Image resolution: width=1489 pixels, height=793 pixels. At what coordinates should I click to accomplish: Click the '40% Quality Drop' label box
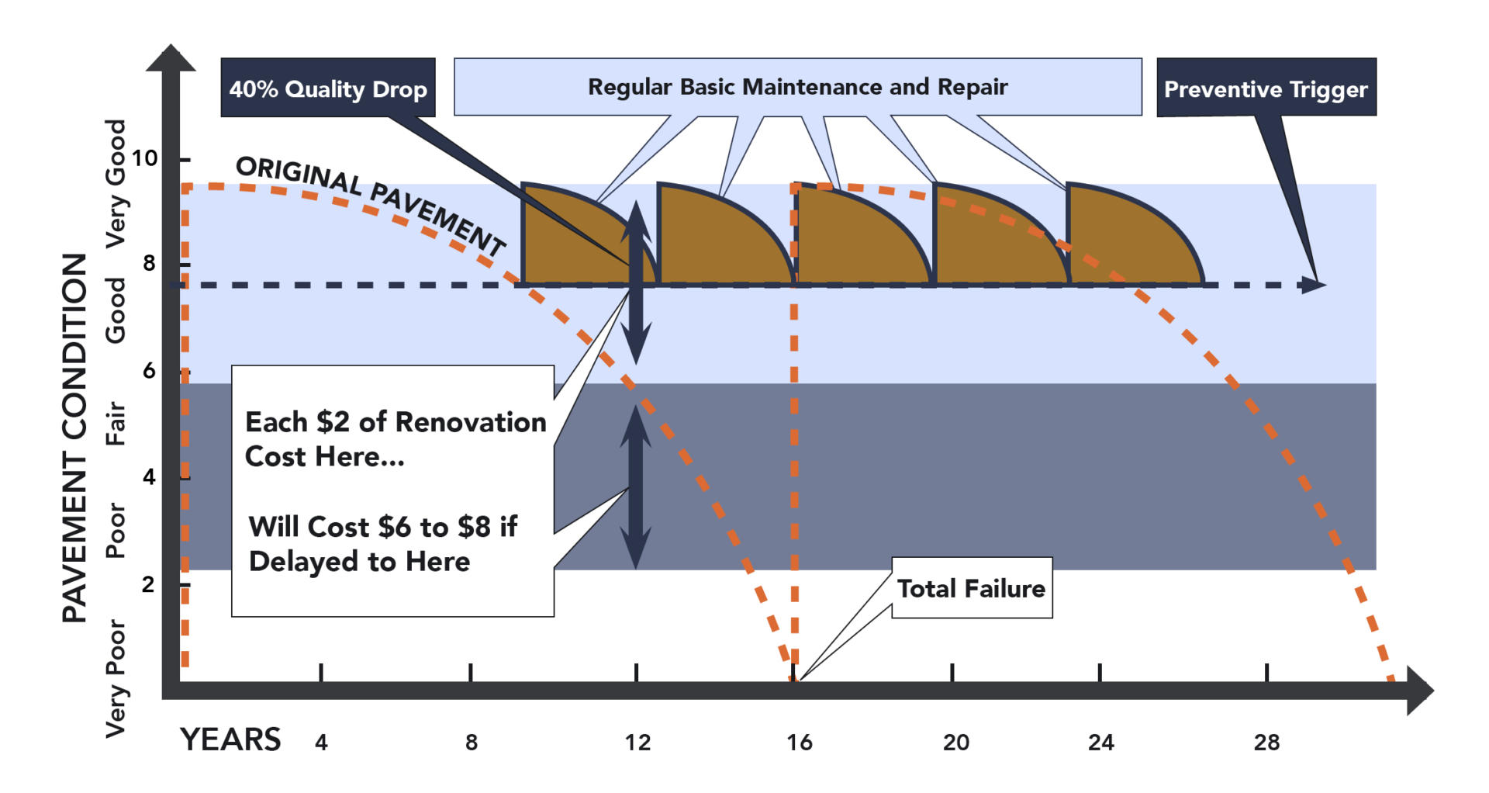click(x=327, y=88)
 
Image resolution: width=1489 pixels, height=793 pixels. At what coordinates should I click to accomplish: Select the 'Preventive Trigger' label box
click(x=1266, y=88)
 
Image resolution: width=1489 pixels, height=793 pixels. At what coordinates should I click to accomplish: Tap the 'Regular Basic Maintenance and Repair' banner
click(x=797, y=87)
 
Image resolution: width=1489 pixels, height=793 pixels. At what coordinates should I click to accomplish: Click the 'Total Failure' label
click(x=971, y=588)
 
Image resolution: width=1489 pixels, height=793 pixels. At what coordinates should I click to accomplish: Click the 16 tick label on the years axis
click(x=799, y=743)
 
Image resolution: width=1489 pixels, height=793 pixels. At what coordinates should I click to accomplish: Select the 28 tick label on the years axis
click(x=1266, y=743)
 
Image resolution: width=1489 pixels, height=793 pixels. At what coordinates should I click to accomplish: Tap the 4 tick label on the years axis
click(x=321, y=743)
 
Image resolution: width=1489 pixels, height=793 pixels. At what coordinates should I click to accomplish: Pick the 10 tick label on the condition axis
click(x=144, y=158)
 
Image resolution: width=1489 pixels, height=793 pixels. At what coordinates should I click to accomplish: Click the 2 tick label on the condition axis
click(x=148, y=584)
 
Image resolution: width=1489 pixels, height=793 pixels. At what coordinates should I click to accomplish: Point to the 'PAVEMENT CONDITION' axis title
click(x=75, y=438)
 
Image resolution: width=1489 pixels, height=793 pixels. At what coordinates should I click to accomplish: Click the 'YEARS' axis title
click(x=230, y=739)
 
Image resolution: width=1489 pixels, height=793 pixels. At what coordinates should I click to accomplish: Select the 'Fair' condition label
click(x=116, y=423)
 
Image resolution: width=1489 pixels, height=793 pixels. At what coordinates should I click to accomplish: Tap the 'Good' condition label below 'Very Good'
click(x=116, y=310)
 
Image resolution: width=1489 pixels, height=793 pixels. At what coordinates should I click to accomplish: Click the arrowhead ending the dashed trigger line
click(x=1313, y=285)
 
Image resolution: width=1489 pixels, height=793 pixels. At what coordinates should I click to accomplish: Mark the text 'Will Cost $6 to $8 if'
click(x=383, y=527)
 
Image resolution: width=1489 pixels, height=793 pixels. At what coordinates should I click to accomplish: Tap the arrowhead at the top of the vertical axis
click(x=171, y=58)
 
